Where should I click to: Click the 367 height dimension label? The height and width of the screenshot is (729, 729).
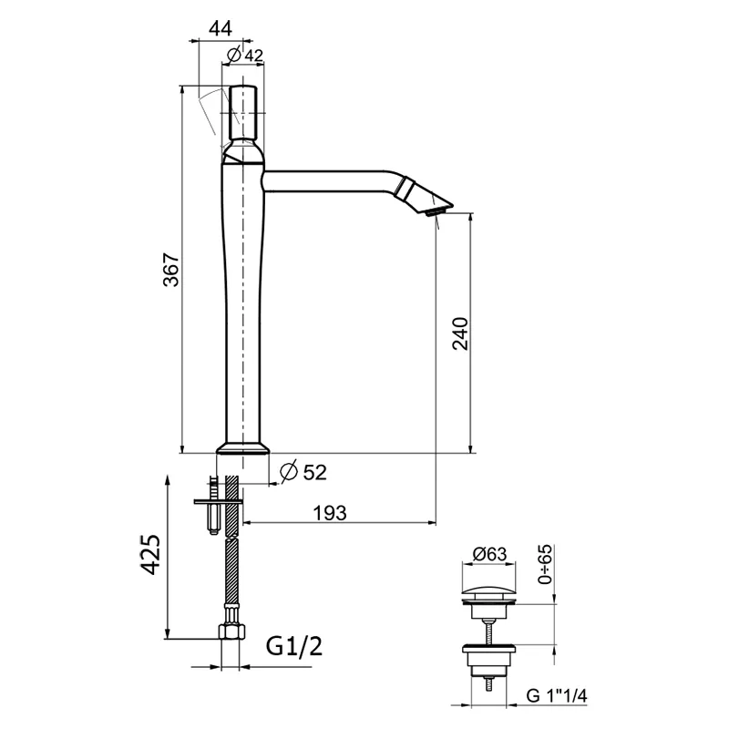click(x=171, y=270)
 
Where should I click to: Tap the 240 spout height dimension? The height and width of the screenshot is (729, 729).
click(x=461, y=334)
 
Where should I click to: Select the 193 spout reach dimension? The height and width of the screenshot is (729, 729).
click(x=330, y=513)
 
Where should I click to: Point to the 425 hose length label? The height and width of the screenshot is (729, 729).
click(x=150, y=555)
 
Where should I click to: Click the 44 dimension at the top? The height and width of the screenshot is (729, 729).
click(x=221, y=29)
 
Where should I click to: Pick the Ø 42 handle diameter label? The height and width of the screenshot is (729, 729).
click(x=245, y=56)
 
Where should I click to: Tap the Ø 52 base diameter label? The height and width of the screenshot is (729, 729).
click(x=303, y=472)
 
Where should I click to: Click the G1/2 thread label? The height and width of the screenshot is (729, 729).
click(x=294, y=646)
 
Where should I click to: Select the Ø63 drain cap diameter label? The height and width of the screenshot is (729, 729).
click(x=489, y=554)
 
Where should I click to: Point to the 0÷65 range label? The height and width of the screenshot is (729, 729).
click(x=545, y=564)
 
